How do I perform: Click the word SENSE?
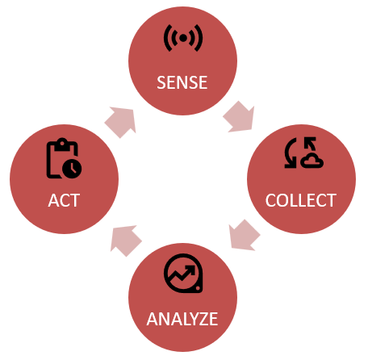click(x=182, y=82)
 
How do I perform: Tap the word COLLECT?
click(x=301, y=200)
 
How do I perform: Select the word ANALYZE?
click(x=182, y=319)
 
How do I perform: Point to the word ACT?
click(x=64, y=200)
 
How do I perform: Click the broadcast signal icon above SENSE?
click(x=183, y=38)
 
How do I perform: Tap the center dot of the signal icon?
click(x=183, y=38)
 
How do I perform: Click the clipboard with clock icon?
click(x=64, y=158)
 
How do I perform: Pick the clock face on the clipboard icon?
click(x=72, y=169)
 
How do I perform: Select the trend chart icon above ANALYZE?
click(x=183, y=273)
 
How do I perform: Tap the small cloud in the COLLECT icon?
click(x=312, y=161)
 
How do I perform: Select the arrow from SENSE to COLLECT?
click(x=239, y=117)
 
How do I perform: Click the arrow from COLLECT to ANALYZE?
click(x=245, y=235)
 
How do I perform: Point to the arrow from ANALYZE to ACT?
click(x=126, y=241)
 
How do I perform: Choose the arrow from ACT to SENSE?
click(x=120, y=123)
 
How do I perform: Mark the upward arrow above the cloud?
click(x=310, y=144)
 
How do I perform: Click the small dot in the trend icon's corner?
click(x=198, y=288)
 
